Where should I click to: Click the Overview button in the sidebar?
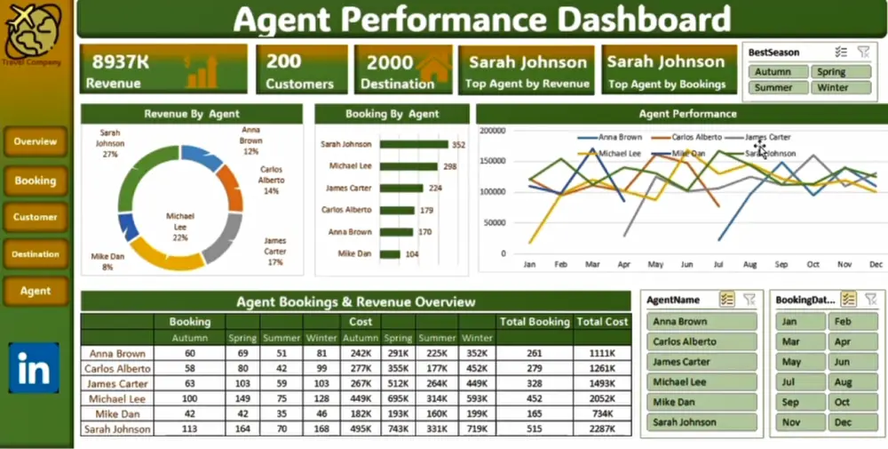coord(36,142)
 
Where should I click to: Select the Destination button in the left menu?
coord(36,254)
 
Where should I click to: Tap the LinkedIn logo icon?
coord(34,368)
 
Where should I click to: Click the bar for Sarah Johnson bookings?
coord(414,144)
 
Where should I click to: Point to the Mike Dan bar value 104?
coord(411,254)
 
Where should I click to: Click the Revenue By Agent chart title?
coord(191,114)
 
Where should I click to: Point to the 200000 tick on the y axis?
coord(492,130)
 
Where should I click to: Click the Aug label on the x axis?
coord(749,265)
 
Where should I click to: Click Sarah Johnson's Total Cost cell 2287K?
coord(602,429)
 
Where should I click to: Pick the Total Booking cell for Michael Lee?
coord(535,399)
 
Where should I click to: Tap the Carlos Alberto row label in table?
coord(117,369)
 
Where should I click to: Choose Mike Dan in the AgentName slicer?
coord(702,402)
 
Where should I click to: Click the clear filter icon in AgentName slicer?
coord(749,300)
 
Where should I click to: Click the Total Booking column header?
coord(535,322)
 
